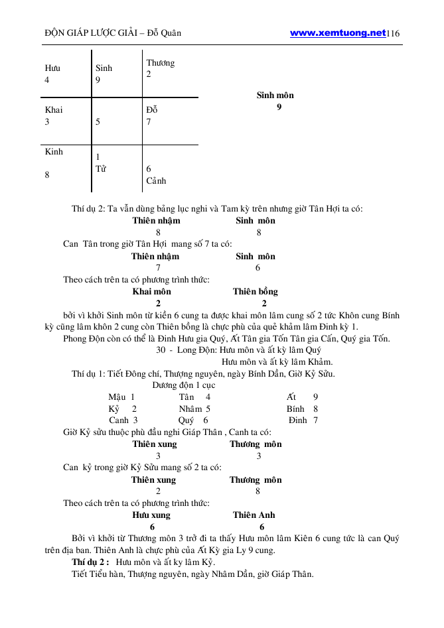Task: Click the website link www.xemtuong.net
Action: click(338, 32)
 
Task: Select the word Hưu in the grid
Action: click(52, 68)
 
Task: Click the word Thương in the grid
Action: click(161, 63)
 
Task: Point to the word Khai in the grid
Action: click(54, 110)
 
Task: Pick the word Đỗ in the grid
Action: click(152, 110)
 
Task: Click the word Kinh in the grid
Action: click(54, 152)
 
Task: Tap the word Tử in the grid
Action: click(101, 168)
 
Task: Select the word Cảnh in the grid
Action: click(156, 180)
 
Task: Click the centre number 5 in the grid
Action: click(98, 122)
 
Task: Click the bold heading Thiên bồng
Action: click(255, 291)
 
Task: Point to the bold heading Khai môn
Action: click(152, 291)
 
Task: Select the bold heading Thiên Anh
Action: click(254, 515)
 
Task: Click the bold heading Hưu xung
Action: click(151, 515)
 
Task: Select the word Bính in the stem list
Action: click(295, 408)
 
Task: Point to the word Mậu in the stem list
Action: click(117, 397)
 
